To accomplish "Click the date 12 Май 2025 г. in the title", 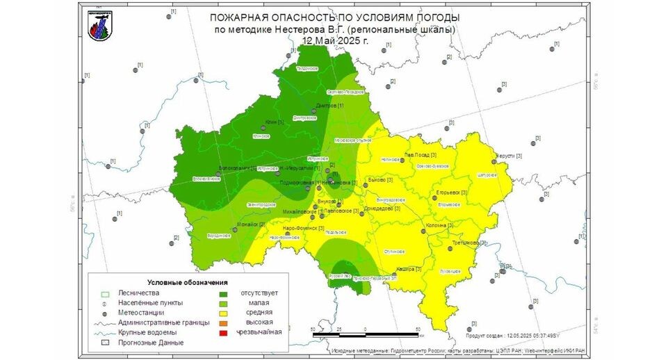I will (334, 40).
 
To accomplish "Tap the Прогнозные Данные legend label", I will (151, 343).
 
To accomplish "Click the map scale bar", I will (366, 334).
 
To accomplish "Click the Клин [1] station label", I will (275, 122).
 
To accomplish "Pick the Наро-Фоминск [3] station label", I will (304, 228).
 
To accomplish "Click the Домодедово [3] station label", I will (384, 207).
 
